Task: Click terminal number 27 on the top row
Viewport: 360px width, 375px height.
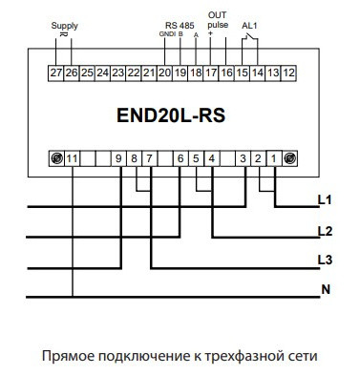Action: coord(55,72)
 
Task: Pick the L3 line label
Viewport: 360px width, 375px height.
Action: coord(324,260)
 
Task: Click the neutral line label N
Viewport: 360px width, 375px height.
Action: coord(325,290)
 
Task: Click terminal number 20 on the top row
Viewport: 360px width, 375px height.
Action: coord(164,72)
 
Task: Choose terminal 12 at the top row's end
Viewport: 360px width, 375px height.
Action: coord(289,72)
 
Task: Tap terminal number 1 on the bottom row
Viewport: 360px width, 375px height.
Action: coord(274,157)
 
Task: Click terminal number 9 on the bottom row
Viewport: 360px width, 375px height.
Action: coord(118,157)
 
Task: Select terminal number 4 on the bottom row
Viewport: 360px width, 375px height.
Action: coord(211,157)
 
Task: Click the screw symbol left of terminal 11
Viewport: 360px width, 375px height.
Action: coord(55,157)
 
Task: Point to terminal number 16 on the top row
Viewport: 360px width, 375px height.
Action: coord(226,72)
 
